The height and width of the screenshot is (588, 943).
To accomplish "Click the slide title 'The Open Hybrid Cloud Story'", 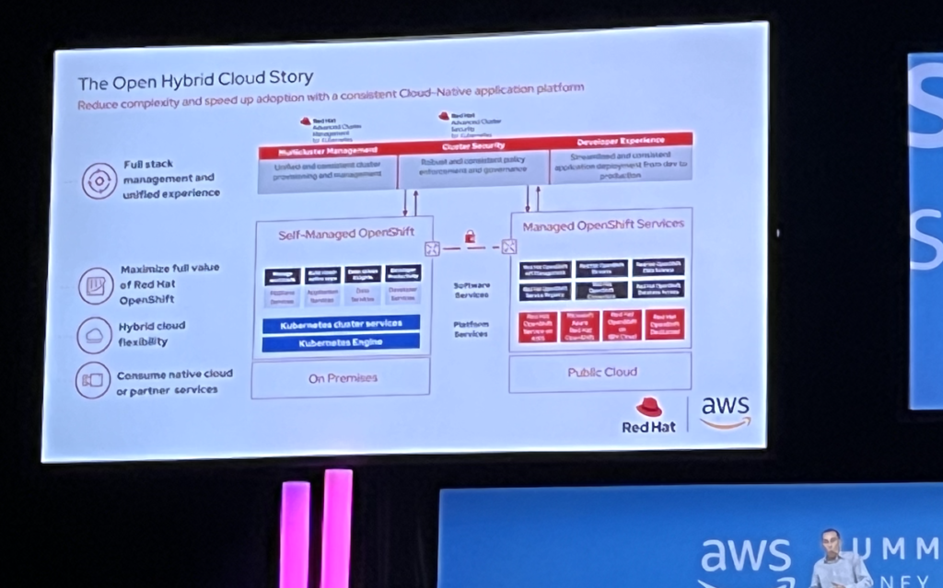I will [195, 80].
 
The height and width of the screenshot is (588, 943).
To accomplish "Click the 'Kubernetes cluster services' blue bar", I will [340, 324].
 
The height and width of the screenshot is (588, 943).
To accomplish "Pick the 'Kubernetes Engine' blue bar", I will [340, 342].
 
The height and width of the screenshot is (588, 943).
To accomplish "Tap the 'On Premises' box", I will [342, 377].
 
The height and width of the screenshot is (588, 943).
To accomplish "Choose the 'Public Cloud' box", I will [602, 372].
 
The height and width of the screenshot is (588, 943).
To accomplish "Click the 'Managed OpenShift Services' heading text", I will [603, 224].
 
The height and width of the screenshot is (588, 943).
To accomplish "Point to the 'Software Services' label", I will [471, 290].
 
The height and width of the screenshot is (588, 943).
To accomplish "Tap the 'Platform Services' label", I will [471, 329].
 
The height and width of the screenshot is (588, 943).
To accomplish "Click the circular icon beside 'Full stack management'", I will [99, 180].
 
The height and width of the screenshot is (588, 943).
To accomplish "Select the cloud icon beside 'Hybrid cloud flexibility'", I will [94, 333].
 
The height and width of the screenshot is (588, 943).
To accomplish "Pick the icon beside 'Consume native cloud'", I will [93, 380].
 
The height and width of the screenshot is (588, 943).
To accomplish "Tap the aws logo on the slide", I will [725, 411].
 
